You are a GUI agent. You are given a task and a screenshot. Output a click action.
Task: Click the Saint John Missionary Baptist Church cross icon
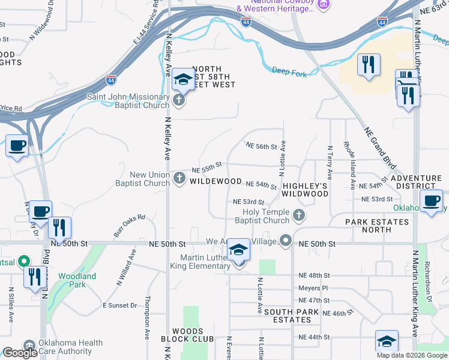[x=179, y=100]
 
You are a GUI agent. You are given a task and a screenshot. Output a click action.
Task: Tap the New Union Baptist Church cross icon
[x=179, y=178]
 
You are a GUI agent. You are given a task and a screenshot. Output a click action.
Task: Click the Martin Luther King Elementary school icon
[x=238, y=251]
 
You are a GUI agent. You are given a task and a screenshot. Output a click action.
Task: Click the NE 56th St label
[x=261, y=146]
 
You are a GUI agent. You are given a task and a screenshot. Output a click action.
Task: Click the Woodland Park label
[x=77, y=280]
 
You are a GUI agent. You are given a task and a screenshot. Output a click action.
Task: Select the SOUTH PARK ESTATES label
[x=287, y=316]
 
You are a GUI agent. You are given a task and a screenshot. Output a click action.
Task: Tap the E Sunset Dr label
[x=120, y=305]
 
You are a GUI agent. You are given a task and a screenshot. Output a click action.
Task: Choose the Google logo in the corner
[x=20, y=353]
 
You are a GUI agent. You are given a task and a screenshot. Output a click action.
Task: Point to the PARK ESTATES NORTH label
[x=376, y=226]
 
